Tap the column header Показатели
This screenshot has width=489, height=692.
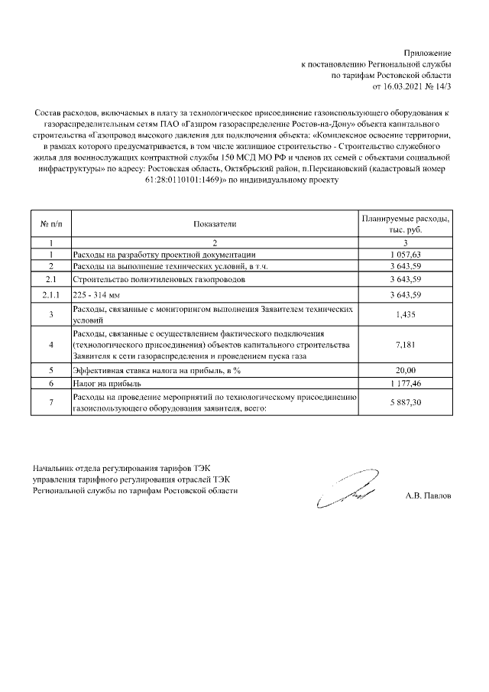215,224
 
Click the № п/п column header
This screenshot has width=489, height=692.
50,224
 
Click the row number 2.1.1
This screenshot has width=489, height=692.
50,294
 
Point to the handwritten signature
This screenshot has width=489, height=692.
344,493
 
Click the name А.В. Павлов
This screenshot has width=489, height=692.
428,495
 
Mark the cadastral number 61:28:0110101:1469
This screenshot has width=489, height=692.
189,180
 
